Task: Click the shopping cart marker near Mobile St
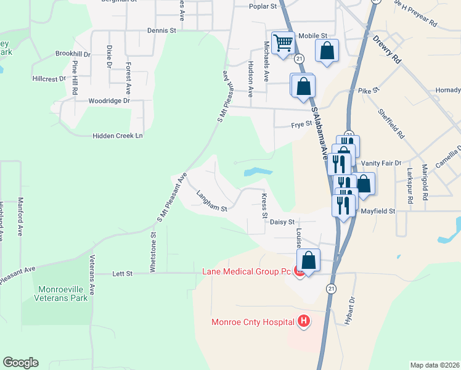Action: click(283, 44)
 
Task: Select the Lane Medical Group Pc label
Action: click(247, 271)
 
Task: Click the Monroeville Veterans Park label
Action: click(63, 294)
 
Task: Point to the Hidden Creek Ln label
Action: click(118, 136)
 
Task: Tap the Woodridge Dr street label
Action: click(110, 101)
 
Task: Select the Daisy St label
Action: click(284, 221)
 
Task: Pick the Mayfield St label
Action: click(377, 211)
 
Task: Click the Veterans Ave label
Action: click(92, 273)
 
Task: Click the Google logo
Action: click(20, 363)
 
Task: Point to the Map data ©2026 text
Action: click(434, 365)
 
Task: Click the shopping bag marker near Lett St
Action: click(309, 260)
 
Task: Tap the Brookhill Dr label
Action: click(73, 54)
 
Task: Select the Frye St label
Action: click(302, 125)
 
